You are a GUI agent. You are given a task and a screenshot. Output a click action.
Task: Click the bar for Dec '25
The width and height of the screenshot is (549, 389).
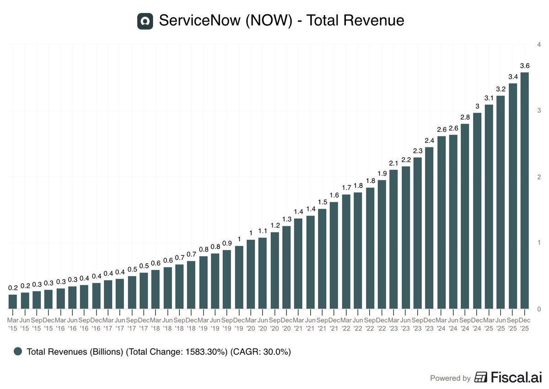coord(525,190)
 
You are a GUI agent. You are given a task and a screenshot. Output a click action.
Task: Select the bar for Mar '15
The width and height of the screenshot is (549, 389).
coord(13,301)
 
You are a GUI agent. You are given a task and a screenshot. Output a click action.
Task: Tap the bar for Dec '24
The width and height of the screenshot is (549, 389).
coord(477,211)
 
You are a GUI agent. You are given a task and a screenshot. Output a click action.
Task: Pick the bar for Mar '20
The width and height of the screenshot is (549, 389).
coord(251,274)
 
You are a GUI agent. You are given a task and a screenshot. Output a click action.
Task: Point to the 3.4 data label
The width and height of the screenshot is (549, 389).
coord(513,76)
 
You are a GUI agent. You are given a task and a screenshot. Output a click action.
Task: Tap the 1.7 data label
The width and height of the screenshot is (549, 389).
coord(346,188)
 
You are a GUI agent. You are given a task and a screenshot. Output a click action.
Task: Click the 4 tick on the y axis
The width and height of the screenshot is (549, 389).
coord(540,44)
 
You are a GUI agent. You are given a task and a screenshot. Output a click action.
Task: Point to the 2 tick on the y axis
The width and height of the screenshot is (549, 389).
coord(540,177)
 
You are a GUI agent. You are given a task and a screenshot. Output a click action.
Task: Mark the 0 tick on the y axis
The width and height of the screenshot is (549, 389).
coord(540,309)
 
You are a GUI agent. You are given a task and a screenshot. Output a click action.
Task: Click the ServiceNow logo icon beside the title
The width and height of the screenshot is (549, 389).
coord(145,21)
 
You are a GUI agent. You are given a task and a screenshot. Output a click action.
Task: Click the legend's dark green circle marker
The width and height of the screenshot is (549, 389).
coord(18,351)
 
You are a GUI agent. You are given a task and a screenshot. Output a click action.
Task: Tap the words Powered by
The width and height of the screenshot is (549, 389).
coord(450,378)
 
